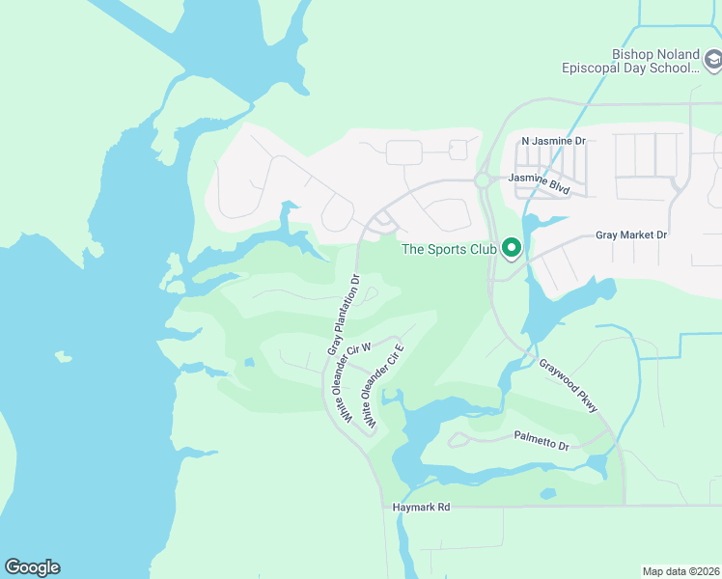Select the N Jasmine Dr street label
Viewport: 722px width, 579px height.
[553, 141]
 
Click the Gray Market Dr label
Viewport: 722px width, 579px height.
[631, 234]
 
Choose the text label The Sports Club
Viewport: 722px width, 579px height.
[449, 250]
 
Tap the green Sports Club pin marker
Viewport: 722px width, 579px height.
[510, 249]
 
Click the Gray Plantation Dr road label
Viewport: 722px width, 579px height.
[343, 315]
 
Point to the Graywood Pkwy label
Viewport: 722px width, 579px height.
[569, 387]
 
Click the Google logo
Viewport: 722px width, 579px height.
[32, 567]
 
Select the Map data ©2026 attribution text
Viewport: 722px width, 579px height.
[680, 570]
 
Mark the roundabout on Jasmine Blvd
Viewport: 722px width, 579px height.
[482, 180]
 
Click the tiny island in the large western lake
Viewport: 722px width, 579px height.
[64, 357]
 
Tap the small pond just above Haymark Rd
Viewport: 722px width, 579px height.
[548, 494]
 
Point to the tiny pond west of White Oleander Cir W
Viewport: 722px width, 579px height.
[249, 363]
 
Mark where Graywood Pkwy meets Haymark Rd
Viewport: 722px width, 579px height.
[625, 504]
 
